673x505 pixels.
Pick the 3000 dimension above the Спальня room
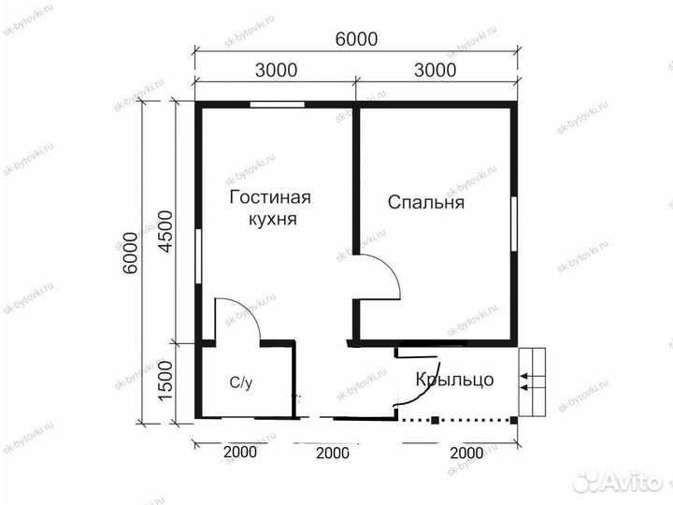tap(435, 70)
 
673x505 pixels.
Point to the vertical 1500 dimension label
tap(165, 382)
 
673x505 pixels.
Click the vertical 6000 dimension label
tap(130, 252)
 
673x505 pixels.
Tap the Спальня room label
tap(426, 202)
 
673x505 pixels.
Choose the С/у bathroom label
tap(241, 382)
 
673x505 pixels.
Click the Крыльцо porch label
tap(455, 380)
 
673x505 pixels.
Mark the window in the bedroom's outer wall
tap(514, 224)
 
